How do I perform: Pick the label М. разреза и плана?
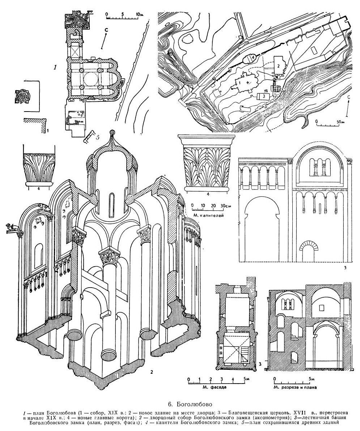click(x=295, y=387)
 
